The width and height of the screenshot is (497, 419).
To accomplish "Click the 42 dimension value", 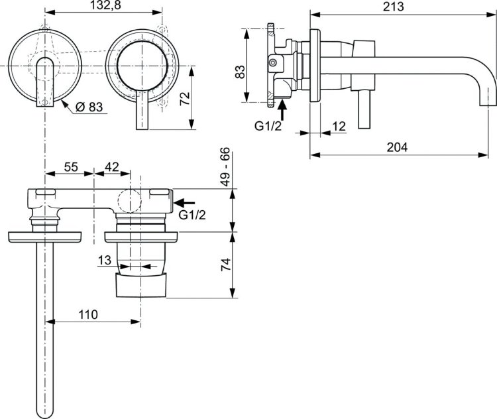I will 111,168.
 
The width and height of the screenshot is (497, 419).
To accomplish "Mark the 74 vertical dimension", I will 226,267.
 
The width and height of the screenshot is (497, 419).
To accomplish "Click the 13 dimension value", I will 104,261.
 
